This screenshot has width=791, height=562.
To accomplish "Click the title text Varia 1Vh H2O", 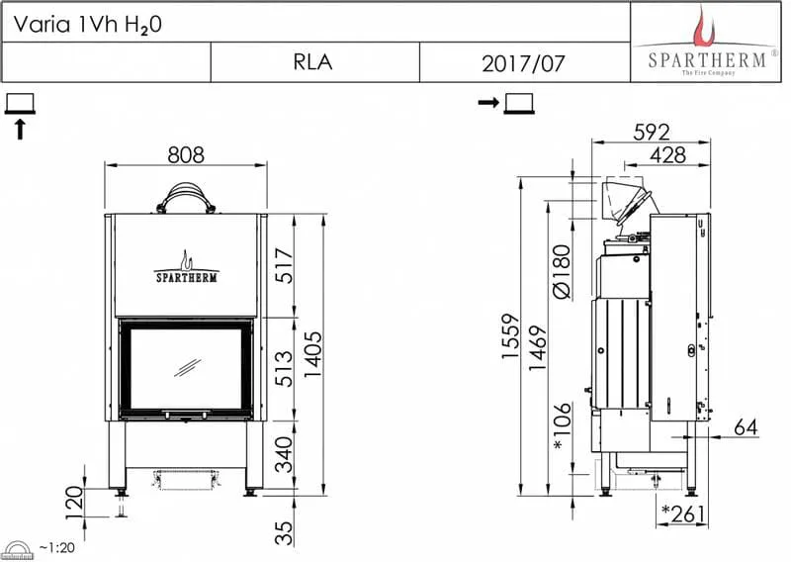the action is point(87,24).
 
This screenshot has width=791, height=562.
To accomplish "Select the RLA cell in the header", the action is point(312,62).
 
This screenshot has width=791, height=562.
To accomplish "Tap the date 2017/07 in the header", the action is point(523,63).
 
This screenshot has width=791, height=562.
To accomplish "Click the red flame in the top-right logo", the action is point(704,28).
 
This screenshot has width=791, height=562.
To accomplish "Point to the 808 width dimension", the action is point(186,155).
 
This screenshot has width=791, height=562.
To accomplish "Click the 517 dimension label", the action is point(284,265).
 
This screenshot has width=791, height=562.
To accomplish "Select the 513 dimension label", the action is point(284,369).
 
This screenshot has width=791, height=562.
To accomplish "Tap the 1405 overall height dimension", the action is point(312,355).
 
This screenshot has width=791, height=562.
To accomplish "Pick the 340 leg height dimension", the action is point(284,455).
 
